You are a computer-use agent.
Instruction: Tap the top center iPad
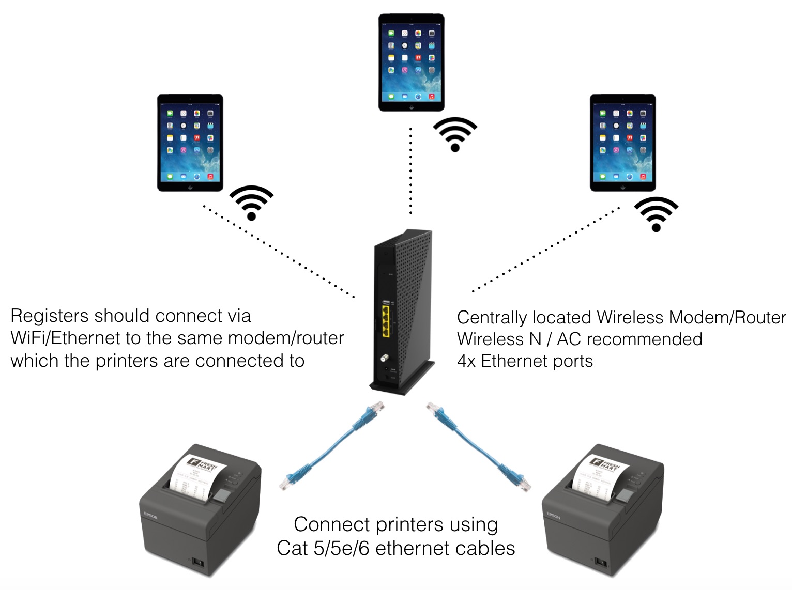(411, 62)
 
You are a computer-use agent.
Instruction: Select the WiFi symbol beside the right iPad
(656, 214)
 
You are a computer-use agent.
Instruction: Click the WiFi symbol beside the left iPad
(251, 203)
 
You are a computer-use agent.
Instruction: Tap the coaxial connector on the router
(384, 357)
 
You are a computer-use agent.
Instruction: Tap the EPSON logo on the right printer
(554, 515)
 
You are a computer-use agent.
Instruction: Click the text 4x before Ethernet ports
(466, 361)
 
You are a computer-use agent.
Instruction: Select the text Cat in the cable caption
(292, 548)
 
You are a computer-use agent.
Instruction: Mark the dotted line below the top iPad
(411, 170)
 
